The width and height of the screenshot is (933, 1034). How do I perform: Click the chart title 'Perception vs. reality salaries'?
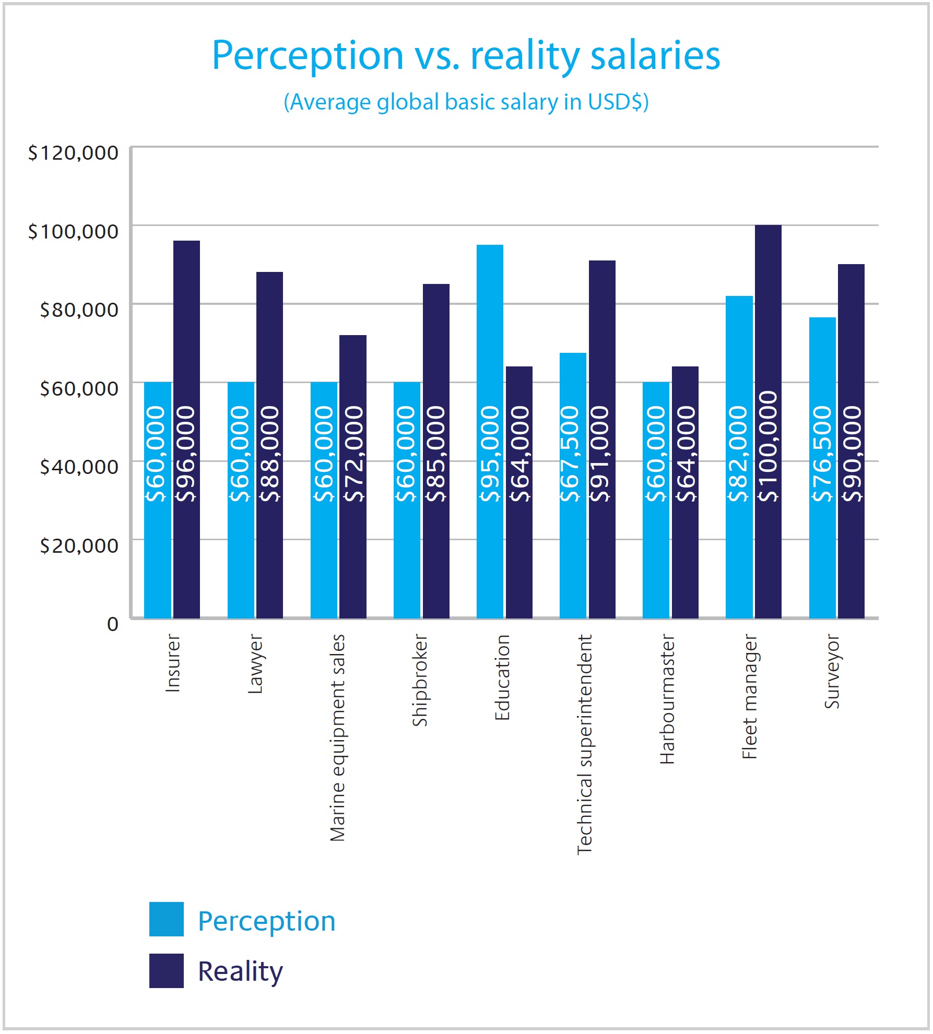pyautogui.click(x=466, y=55)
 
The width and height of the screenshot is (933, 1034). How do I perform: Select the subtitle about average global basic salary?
pyautogui.click(x=466, y=102)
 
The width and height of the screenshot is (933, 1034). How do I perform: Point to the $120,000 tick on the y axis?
pyautogui.click(x=73, y=153)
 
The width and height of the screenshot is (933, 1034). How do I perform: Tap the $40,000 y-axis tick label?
pyautogui.click(x=79, y=467)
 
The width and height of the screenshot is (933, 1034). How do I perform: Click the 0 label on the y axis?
pyautogui.click(x=112, y=624)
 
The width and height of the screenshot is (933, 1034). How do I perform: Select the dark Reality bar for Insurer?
pyautogui.click(x=186, y=428)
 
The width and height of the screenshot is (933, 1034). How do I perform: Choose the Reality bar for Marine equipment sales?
pyautogui.click(x=353, y=475)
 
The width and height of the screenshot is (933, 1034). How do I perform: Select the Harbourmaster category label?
pyautogui.click(x=667, y=699)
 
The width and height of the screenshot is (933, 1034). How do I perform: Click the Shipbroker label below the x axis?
pyautogui.click(x=420, y=680)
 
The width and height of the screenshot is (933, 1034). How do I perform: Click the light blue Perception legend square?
pyautogui.click(x=166, y=919)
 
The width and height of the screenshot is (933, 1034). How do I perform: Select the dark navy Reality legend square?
pyautogui.click(x=166, y=971)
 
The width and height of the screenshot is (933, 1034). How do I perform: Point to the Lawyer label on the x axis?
pyautogui.click(x=255, y=663)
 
